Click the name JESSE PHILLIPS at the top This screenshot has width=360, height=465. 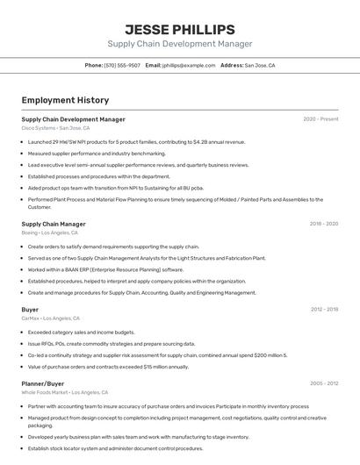(179, 29)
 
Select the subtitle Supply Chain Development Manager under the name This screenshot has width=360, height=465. (179, 44)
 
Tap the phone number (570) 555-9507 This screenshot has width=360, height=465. (122, 65)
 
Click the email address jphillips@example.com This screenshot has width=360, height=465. (187, 65)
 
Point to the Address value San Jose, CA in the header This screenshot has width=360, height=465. (259, 65)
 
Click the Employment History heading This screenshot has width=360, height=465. (65, 100)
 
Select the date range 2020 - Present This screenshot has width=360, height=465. (320, 119)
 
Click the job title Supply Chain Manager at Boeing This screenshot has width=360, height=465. (54, 224)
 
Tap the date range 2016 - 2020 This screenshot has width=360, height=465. (323, 224)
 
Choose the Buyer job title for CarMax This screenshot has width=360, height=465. (30, 310)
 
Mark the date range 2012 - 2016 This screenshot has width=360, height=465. (323, 310)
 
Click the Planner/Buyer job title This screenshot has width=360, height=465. (43, 383)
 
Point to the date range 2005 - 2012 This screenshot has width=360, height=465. (323, 383)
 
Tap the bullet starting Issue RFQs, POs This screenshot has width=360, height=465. (112, 344)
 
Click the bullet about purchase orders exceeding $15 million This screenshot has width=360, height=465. (108, 367)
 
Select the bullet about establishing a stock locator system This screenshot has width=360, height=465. (115, 448)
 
